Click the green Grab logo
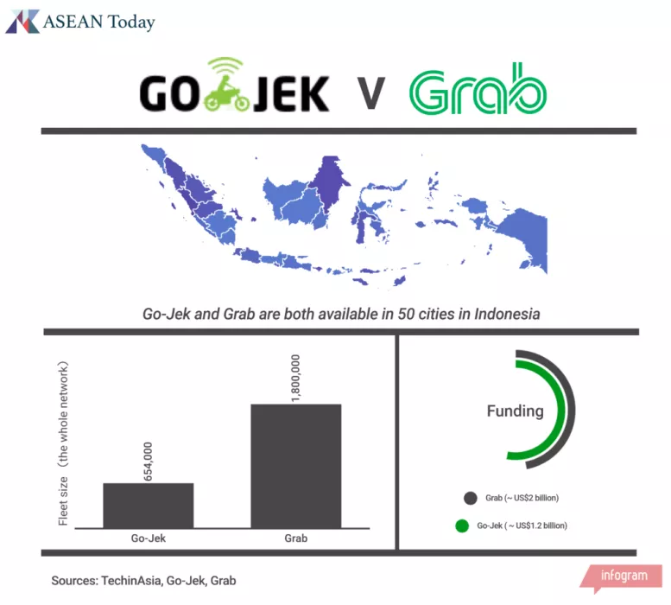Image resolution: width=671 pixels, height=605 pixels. click(478, 90)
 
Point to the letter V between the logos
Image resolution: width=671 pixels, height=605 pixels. click(371, 92)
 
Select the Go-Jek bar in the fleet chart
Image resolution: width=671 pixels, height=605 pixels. click(149, 506)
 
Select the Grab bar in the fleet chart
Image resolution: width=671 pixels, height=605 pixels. click(295, 466)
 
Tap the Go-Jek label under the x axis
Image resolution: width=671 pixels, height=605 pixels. click(149, 538)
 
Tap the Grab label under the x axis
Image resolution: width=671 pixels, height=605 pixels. click(295, 538)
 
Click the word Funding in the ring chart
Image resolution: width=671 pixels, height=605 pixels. click(516, 411)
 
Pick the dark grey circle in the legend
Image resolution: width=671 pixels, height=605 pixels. click(471, 498)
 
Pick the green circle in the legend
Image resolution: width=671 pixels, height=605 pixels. click(461, 525)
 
